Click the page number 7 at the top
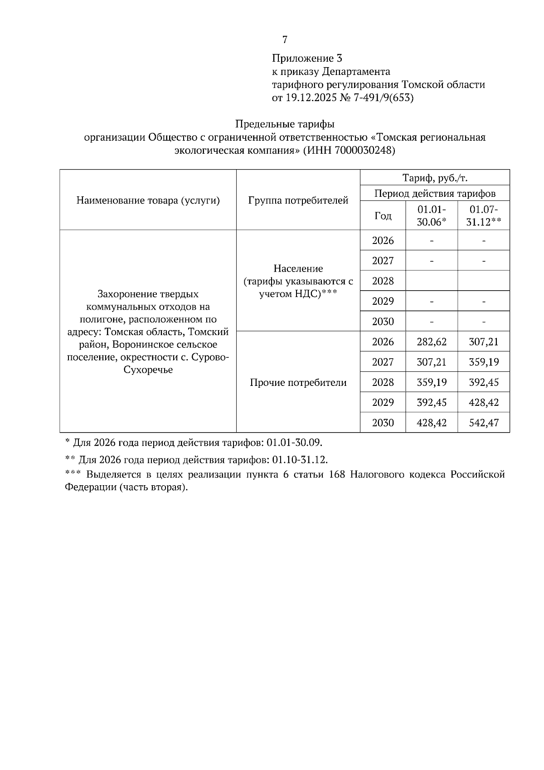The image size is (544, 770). point(285,40)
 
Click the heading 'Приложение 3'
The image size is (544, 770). point(307,58)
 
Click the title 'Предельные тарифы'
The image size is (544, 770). point(285,124)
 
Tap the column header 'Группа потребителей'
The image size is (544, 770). point(298,200)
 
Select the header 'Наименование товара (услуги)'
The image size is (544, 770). point(148,200)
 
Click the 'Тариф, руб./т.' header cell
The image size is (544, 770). point(435,178)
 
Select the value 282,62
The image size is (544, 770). point(432,342)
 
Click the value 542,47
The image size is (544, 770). point(484,423)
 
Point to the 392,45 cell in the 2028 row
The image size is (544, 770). point(484,383)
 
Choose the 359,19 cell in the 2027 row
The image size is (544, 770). point(484,362)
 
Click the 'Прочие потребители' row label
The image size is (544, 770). point(298,383)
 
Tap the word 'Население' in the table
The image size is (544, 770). point(298,269)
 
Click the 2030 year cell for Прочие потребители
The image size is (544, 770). point(383,423)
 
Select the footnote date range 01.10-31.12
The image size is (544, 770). point(300,460)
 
